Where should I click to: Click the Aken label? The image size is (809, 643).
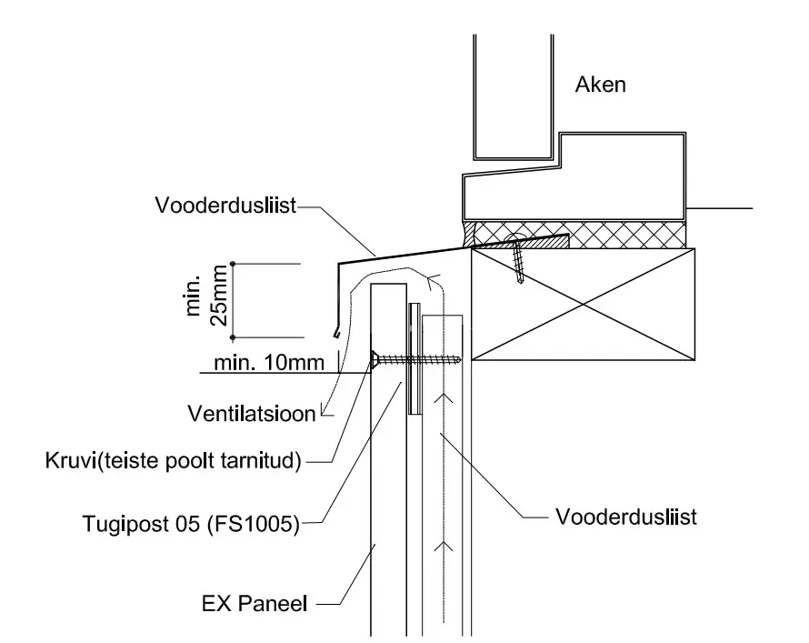click(x=601, y=85)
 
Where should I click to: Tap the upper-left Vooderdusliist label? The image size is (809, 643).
click(x=225, y=206)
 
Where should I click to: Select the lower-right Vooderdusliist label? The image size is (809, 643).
click(x=626, y=517)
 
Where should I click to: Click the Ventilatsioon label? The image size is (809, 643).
click(x=251, y=414)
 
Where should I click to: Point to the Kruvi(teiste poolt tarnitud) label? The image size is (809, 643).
click(x=174, y=460)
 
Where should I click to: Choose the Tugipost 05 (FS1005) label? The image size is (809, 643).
click(x=191, y=524)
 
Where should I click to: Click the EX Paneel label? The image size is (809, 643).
click(x=255, y=603)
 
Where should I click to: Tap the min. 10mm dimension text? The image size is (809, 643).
click(x=269, y=363)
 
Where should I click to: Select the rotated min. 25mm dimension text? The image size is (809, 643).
click(x=205, y=296)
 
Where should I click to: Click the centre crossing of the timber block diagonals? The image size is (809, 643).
click(x=584, y=305)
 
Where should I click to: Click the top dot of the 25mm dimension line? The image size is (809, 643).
click(x=233, y=265)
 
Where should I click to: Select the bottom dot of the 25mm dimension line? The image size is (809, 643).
click(x=233, y=337)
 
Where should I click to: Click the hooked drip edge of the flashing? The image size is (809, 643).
click(x=337, y=332)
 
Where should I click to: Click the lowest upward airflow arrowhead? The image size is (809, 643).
click(x=444, y=546)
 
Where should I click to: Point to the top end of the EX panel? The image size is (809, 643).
click(x=388, y=285)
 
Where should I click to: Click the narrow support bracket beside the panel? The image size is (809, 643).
click(x=414, y=358)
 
